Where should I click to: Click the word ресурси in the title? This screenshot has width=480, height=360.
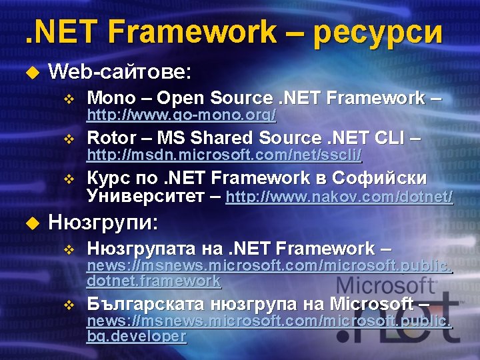[377, 32]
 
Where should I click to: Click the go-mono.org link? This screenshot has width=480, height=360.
[182, 115]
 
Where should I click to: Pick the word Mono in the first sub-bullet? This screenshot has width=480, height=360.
[111, 98]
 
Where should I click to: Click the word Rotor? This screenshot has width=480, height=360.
[111, 138]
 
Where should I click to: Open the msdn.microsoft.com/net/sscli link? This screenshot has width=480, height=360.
[225, 155]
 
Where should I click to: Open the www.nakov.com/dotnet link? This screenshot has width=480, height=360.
[339, 197]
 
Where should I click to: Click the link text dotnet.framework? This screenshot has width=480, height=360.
[153, 281]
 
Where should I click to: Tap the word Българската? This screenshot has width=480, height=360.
[147, 304]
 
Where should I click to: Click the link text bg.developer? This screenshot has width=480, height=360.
[136, 336]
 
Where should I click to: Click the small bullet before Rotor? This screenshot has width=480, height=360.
[67, 139]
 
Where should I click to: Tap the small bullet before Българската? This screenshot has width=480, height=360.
[67, 305]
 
